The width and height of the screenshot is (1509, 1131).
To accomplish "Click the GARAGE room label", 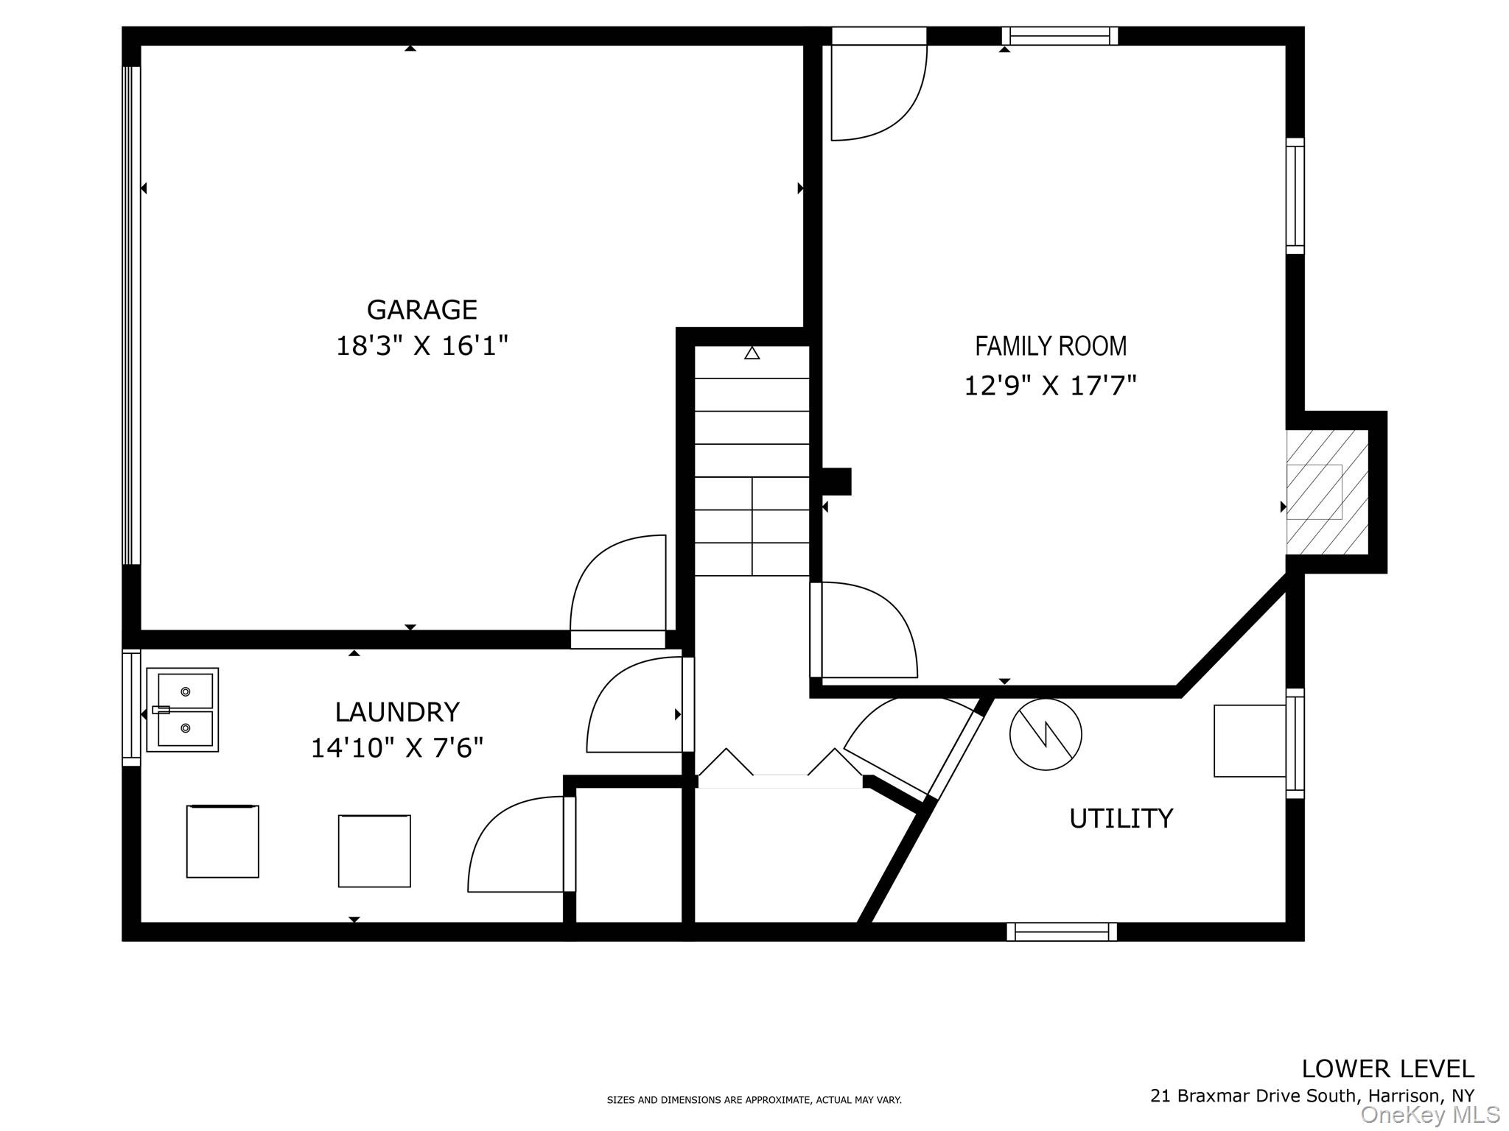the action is click(421, 310).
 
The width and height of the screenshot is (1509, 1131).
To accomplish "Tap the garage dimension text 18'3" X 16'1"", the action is click(422, 345).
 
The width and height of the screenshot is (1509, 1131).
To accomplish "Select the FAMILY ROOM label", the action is click(1051, 345).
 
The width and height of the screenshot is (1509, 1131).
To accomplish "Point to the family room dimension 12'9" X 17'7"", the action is click(1051, 385).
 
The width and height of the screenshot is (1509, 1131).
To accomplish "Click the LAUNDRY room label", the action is click(397, 712).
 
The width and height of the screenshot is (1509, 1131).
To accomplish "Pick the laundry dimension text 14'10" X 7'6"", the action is click(397, 748).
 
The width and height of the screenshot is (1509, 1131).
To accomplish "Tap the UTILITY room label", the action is click(1121, 818).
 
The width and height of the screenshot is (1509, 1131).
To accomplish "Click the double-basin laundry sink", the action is click(183, 710).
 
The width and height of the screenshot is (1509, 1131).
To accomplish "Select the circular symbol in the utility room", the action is click(1046, 734).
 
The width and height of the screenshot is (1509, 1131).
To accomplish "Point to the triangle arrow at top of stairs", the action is click(752, 353).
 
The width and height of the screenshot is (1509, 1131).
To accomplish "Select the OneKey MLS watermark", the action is click(1430, 1116).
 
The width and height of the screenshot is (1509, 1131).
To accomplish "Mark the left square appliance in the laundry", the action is click(223, 842).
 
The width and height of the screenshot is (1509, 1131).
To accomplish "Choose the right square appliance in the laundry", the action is click(374, 851).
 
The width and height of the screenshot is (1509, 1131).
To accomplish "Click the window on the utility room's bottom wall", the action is click(1062, 931).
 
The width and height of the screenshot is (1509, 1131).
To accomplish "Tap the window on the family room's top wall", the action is click(1060, 36).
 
